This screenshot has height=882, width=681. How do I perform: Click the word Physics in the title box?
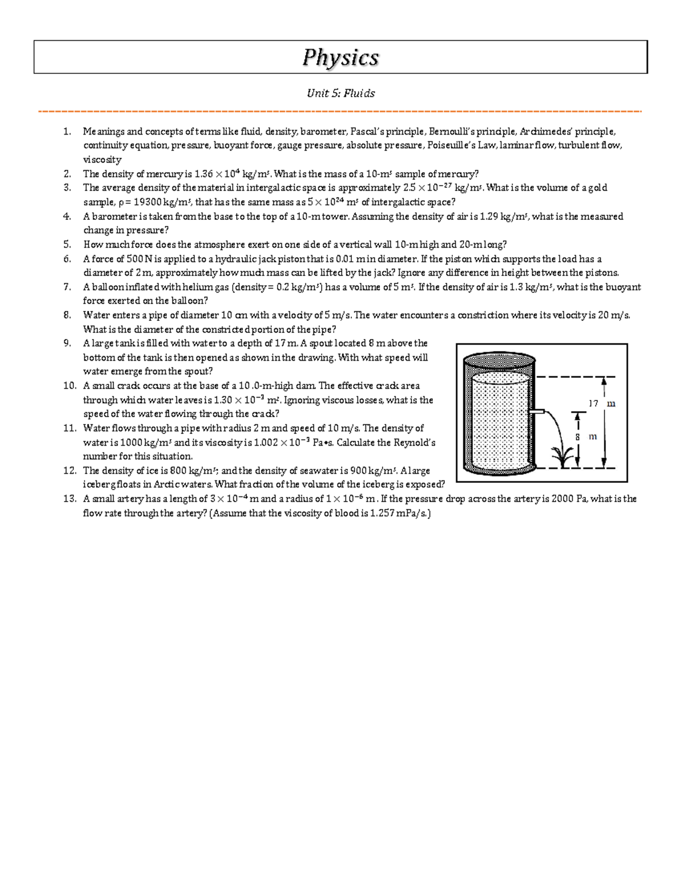point(340,57)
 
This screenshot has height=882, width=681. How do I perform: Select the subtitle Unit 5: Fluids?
point(340,93)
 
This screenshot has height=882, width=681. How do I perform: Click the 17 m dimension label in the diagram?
point(601,404)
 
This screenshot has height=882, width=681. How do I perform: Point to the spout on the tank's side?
point(537,411)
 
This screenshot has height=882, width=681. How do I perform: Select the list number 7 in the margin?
point(68,287)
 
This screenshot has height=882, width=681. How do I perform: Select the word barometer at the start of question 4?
point(112,216)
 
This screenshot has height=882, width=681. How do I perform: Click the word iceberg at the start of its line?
point(100,485)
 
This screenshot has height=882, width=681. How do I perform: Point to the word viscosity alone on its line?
point(102,160)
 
